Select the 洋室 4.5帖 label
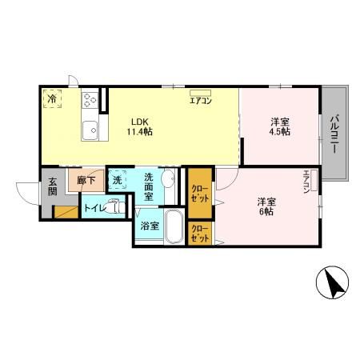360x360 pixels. click(279, 126)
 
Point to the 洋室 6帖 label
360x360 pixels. click(266, 206)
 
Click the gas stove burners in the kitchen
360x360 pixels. click(90, 101)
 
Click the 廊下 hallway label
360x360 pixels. click(86, 182)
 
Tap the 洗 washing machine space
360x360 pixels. click(117, 180)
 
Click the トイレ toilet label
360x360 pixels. click(94, 209)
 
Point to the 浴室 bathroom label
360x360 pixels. click(149, 226)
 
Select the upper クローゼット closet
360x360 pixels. click(199, 194)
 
